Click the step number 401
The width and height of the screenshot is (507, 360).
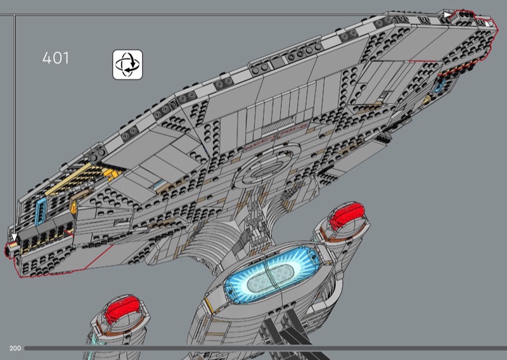click(55, 58)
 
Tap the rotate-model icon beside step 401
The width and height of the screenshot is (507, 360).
click(127, 65)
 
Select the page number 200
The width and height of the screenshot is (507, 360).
click(15, 349)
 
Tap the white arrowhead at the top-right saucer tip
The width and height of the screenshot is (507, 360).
click(448, 15)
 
